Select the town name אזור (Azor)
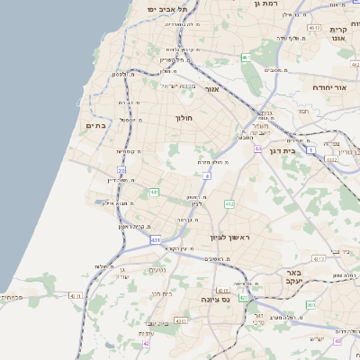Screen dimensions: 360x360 tap(212, 89)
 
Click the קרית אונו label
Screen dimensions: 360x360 tap(339, 34)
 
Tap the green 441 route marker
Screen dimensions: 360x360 tap(155, 192)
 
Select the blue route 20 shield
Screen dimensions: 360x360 tap(121, 169)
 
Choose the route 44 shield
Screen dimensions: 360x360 tap(258, 148)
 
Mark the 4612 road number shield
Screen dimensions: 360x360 tap(314, 29)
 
